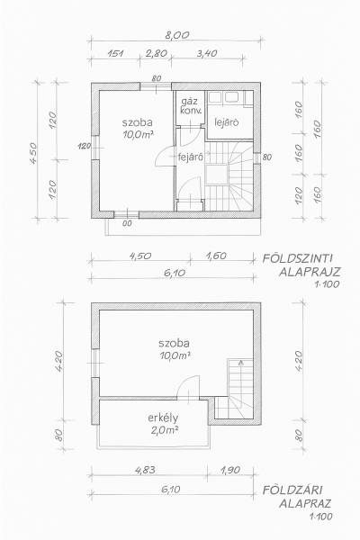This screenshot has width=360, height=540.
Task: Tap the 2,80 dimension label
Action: [156, 53]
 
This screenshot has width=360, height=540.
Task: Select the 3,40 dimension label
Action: [206, 53]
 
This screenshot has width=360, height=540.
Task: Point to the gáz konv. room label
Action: [191, 105]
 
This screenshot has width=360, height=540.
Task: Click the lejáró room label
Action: [227, 122]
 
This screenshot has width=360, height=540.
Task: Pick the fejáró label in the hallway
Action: [189, 157]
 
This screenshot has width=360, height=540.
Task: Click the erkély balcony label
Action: [163, 418]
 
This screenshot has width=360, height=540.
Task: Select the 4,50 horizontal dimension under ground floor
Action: [140, 256]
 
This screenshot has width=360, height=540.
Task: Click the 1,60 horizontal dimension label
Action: [216, 256]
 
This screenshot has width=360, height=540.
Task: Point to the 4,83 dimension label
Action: [146, 470]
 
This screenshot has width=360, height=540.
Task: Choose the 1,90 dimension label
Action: [229, 470]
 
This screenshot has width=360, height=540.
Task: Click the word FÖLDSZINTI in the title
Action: [297, 258]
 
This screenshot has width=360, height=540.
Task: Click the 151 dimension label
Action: [115, 53]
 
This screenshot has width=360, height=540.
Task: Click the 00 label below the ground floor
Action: [127, 223]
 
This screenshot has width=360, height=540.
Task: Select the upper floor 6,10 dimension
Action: [171, 490]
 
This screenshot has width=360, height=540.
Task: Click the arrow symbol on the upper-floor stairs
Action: [241, 362]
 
